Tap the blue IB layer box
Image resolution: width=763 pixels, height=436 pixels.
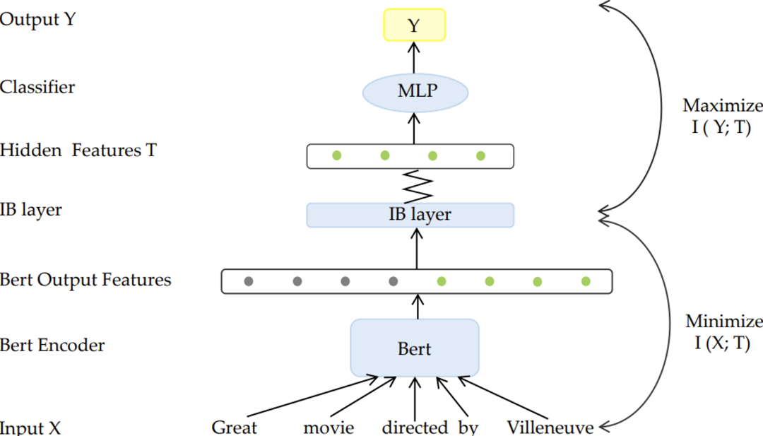(410, 215)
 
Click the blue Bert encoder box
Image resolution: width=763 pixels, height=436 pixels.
(415, 348)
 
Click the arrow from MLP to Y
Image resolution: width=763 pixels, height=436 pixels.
(415, 57)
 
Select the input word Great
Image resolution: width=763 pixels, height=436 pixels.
(235, 428)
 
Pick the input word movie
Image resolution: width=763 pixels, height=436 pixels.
(329, 428)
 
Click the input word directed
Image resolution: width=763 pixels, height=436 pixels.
(415, 428)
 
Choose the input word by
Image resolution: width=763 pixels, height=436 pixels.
(468, 428)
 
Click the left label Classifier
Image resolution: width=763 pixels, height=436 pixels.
(37, 88)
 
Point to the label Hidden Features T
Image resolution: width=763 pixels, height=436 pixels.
(78, 150)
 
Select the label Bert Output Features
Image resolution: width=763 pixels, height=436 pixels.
(85, 280)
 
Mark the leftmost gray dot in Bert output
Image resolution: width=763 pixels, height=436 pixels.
(249, 281)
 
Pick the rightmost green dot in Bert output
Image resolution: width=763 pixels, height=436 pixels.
(586, 281)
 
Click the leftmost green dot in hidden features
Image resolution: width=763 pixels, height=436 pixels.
(337, 155)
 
